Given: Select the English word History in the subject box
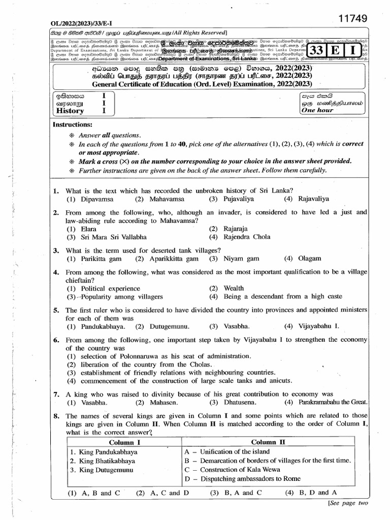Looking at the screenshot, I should pos(70,111).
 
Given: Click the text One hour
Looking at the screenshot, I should pos(317,110).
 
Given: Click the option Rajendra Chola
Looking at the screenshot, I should pos(247,237).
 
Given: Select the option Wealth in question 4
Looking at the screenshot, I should pos(234,288).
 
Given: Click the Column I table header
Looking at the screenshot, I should pos(123,442).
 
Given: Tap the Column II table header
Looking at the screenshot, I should pos(268,442).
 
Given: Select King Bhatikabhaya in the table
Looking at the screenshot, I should pos(103,461).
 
